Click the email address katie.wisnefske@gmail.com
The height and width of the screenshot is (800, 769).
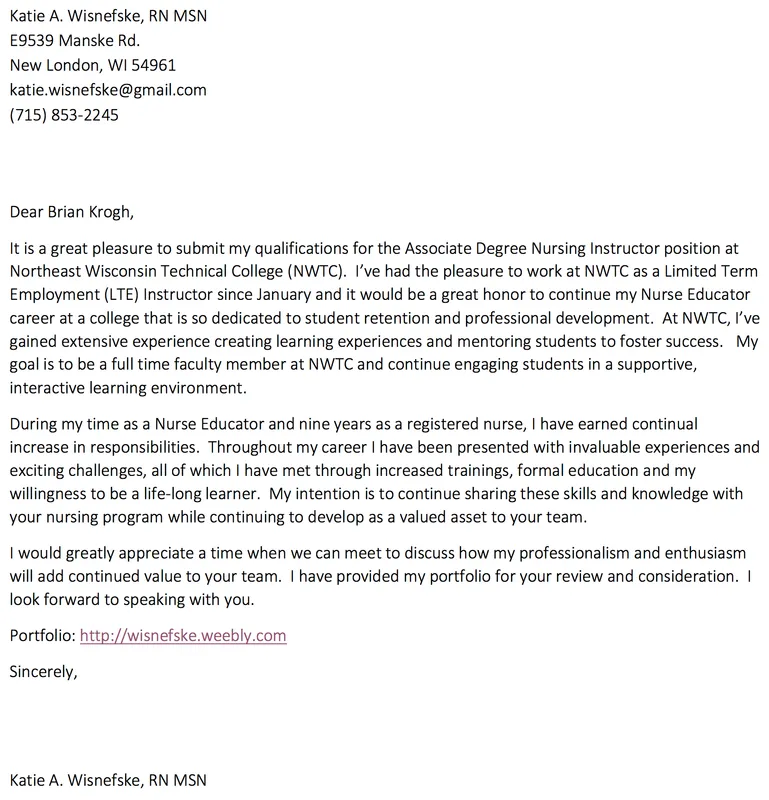pos(108,90)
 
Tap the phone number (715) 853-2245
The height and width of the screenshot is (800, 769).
pos(64,114)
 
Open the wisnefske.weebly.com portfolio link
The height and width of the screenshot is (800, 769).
pos(183,635)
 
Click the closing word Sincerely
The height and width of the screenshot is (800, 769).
pos(42,671)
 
